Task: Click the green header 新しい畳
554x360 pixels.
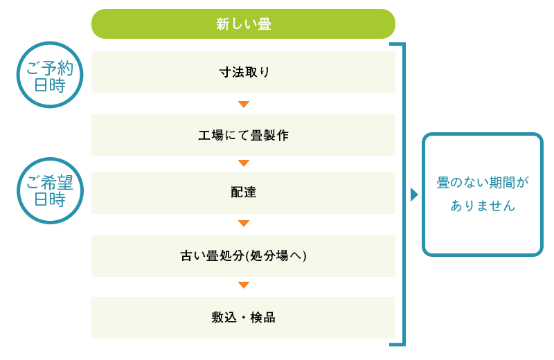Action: coord(243,24)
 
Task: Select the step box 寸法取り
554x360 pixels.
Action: coord(243,72)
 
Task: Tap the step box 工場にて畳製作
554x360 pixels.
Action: coord(243,135)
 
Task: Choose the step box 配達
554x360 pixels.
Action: coord(243,193)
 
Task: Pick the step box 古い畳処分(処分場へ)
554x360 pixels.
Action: coord(243,256)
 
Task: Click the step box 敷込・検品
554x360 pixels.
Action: coord(243,318)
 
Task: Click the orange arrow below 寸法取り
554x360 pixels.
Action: coord(244,105)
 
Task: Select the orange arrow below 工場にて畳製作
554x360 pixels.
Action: coord(244,163)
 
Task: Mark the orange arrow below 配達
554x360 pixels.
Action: coord(244,224)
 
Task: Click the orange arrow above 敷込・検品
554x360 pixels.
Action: coord(244,285)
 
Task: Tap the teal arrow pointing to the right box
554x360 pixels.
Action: coord(414,195)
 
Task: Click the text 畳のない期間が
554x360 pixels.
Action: coord(483,183)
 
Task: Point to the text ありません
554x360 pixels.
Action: coord(483,206)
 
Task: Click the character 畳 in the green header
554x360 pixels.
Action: coord(265,24)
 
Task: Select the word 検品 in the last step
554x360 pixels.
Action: coord(263,318)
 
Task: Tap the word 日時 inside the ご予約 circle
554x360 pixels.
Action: coord(50,85)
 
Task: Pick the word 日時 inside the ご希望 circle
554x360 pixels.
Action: coord(50,199)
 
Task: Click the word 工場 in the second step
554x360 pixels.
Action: coord(211,135)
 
